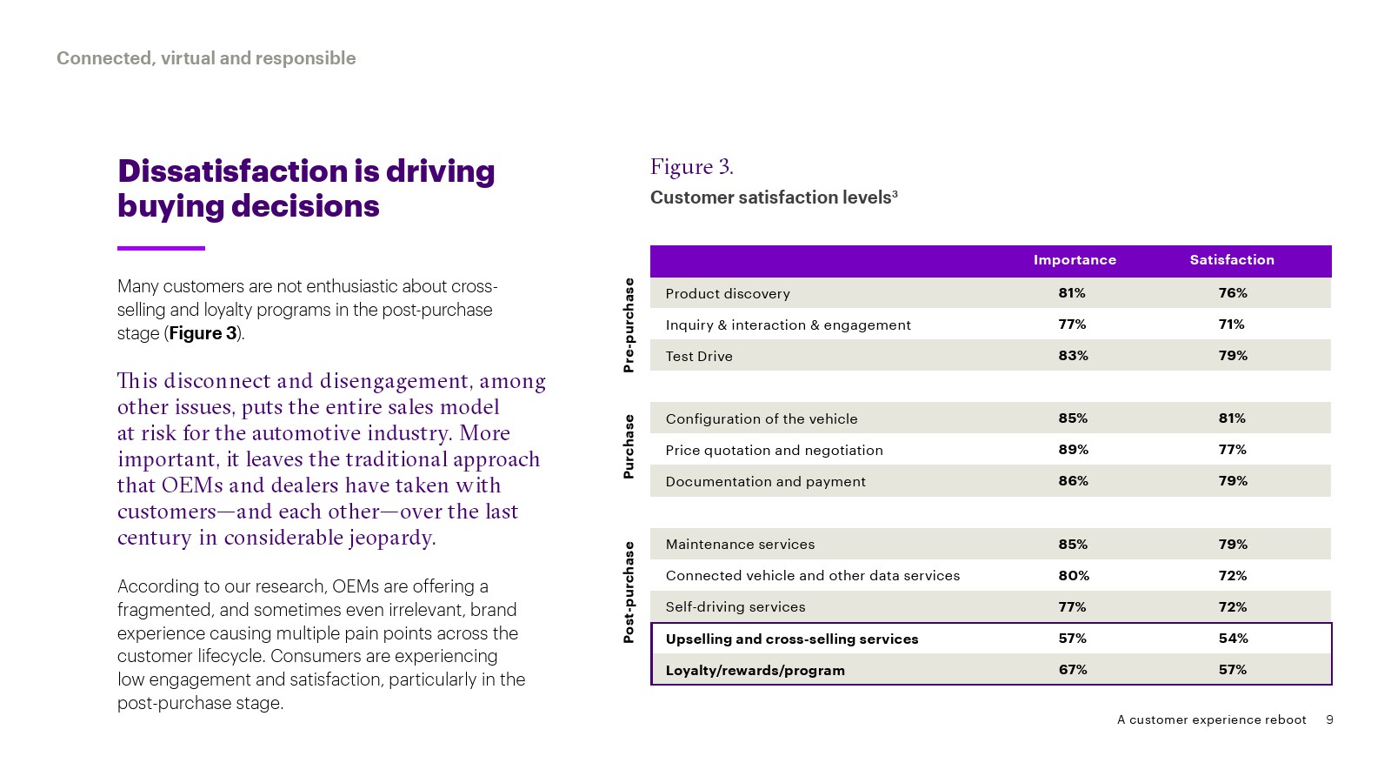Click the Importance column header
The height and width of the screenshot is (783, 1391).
point(1075,260)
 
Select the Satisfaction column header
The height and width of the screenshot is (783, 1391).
point(1232,260)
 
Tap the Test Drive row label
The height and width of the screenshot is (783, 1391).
point(699,356)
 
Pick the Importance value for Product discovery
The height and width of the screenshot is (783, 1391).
point(1072,293)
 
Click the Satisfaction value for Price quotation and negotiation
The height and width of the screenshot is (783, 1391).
point(1232,450)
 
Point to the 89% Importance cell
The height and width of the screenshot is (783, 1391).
point(1073,450)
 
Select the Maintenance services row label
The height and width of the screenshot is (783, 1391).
point(740,545)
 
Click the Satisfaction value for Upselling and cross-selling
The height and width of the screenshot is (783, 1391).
point(1233,639)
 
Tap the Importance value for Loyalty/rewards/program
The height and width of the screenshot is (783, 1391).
point(1072,670)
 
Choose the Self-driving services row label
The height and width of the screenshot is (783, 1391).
point(735,607)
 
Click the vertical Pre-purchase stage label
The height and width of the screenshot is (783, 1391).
point(629,325)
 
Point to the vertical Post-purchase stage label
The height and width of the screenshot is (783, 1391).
point(629,592)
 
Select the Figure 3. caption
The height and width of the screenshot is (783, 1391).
point(692,167)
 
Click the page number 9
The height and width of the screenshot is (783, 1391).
point(1329,719)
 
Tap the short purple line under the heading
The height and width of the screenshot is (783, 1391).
point(161,248)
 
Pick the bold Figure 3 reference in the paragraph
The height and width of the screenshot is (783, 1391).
point(203,333)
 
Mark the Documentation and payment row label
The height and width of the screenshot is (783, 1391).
point(765,482)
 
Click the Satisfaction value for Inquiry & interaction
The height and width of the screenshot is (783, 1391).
point(1231,325)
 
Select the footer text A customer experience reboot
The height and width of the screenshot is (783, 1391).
point(1211,719)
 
